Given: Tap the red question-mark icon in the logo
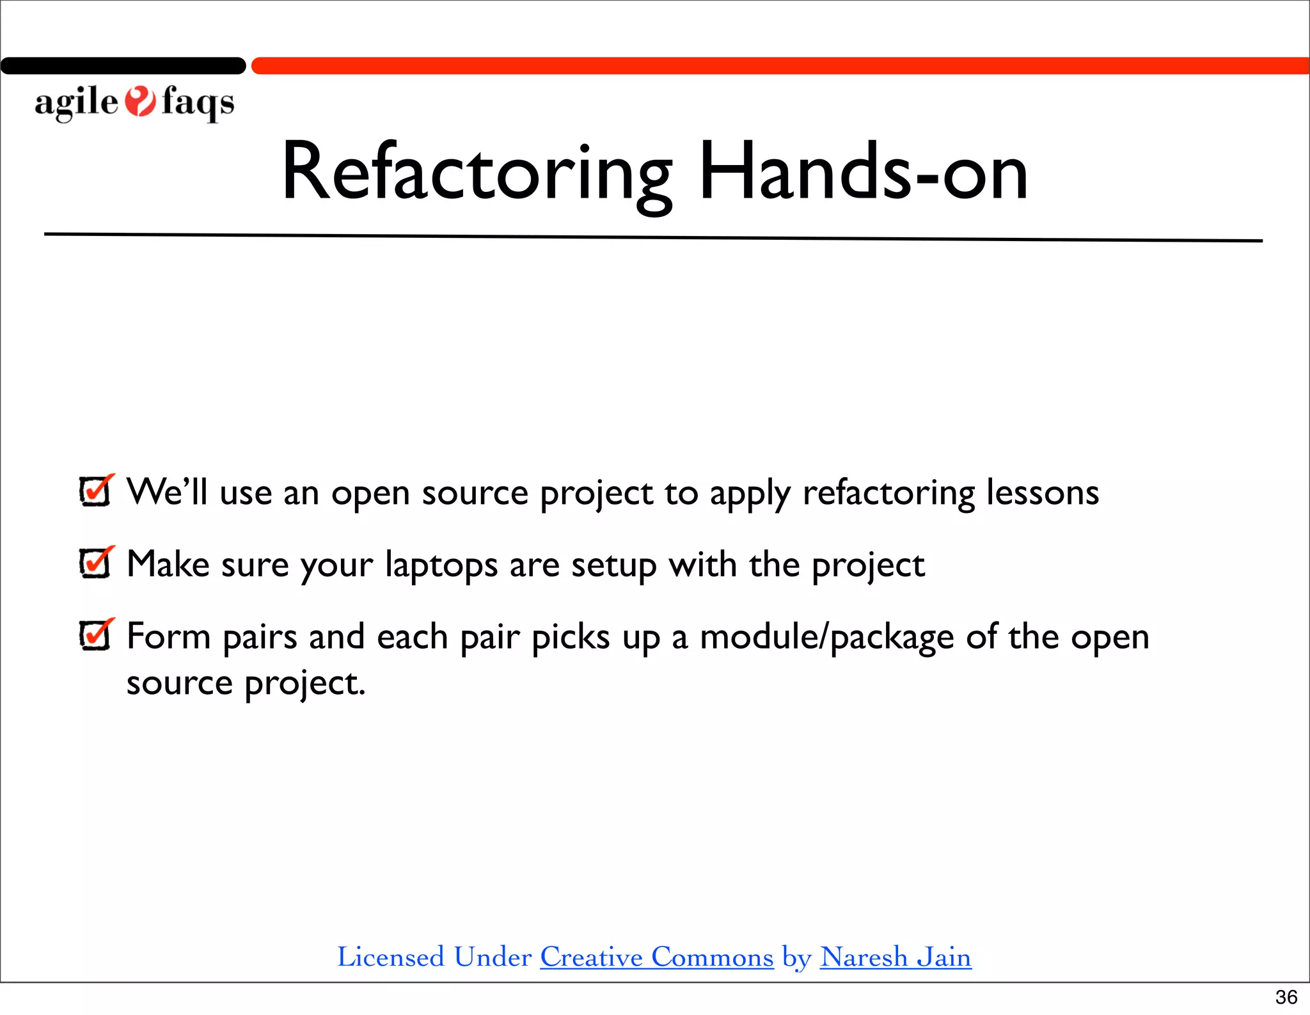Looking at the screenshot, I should tap(139, 102).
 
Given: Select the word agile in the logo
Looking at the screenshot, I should tap(76, 102).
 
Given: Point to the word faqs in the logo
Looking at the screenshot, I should tap(198, 102).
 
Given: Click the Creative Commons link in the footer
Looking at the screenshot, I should tap(657, 957).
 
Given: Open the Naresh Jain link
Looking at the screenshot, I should tap(896, 957).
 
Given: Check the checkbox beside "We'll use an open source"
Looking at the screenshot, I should tap(96, 491).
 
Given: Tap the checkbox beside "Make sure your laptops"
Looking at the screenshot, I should tap(96, 563).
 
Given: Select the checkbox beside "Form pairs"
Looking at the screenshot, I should tap(96, 636).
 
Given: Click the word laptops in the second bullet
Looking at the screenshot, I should tap(441, 565).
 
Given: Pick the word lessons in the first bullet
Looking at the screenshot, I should tap(1043, 492).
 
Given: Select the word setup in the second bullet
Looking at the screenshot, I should tap(613, 565).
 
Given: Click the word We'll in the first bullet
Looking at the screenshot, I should tap(167, 492).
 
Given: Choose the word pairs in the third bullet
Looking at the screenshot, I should tap(260, 638).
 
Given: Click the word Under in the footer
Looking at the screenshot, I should tap(493, 957).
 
